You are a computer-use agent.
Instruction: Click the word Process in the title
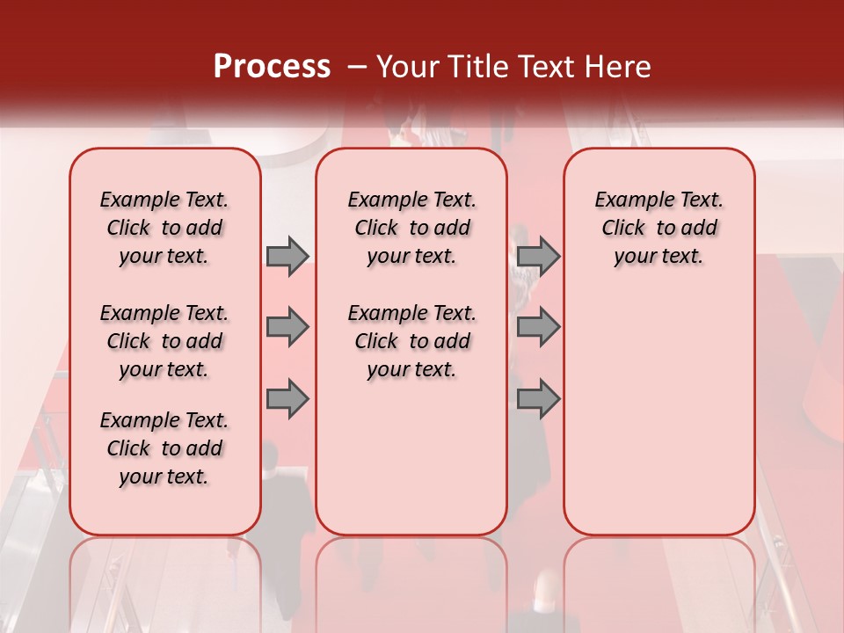272,66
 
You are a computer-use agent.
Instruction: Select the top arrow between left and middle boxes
287,256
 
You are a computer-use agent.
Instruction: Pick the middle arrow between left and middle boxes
287,327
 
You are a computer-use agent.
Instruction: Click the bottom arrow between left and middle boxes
287,398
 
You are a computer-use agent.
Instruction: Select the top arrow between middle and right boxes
538,256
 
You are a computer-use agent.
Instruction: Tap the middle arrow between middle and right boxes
538,327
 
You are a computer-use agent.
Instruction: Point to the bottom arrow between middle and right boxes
538,398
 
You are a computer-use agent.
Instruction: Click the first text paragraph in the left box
164,228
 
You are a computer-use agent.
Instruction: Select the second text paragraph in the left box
164,341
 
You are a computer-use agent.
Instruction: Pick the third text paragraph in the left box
164,448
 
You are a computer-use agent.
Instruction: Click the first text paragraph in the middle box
411,228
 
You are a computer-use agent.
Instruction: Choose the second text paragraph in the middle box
411,341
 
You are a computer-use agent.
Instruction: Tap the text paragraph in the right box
659,228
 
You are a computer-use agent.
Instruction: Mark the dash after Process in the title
358,66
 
